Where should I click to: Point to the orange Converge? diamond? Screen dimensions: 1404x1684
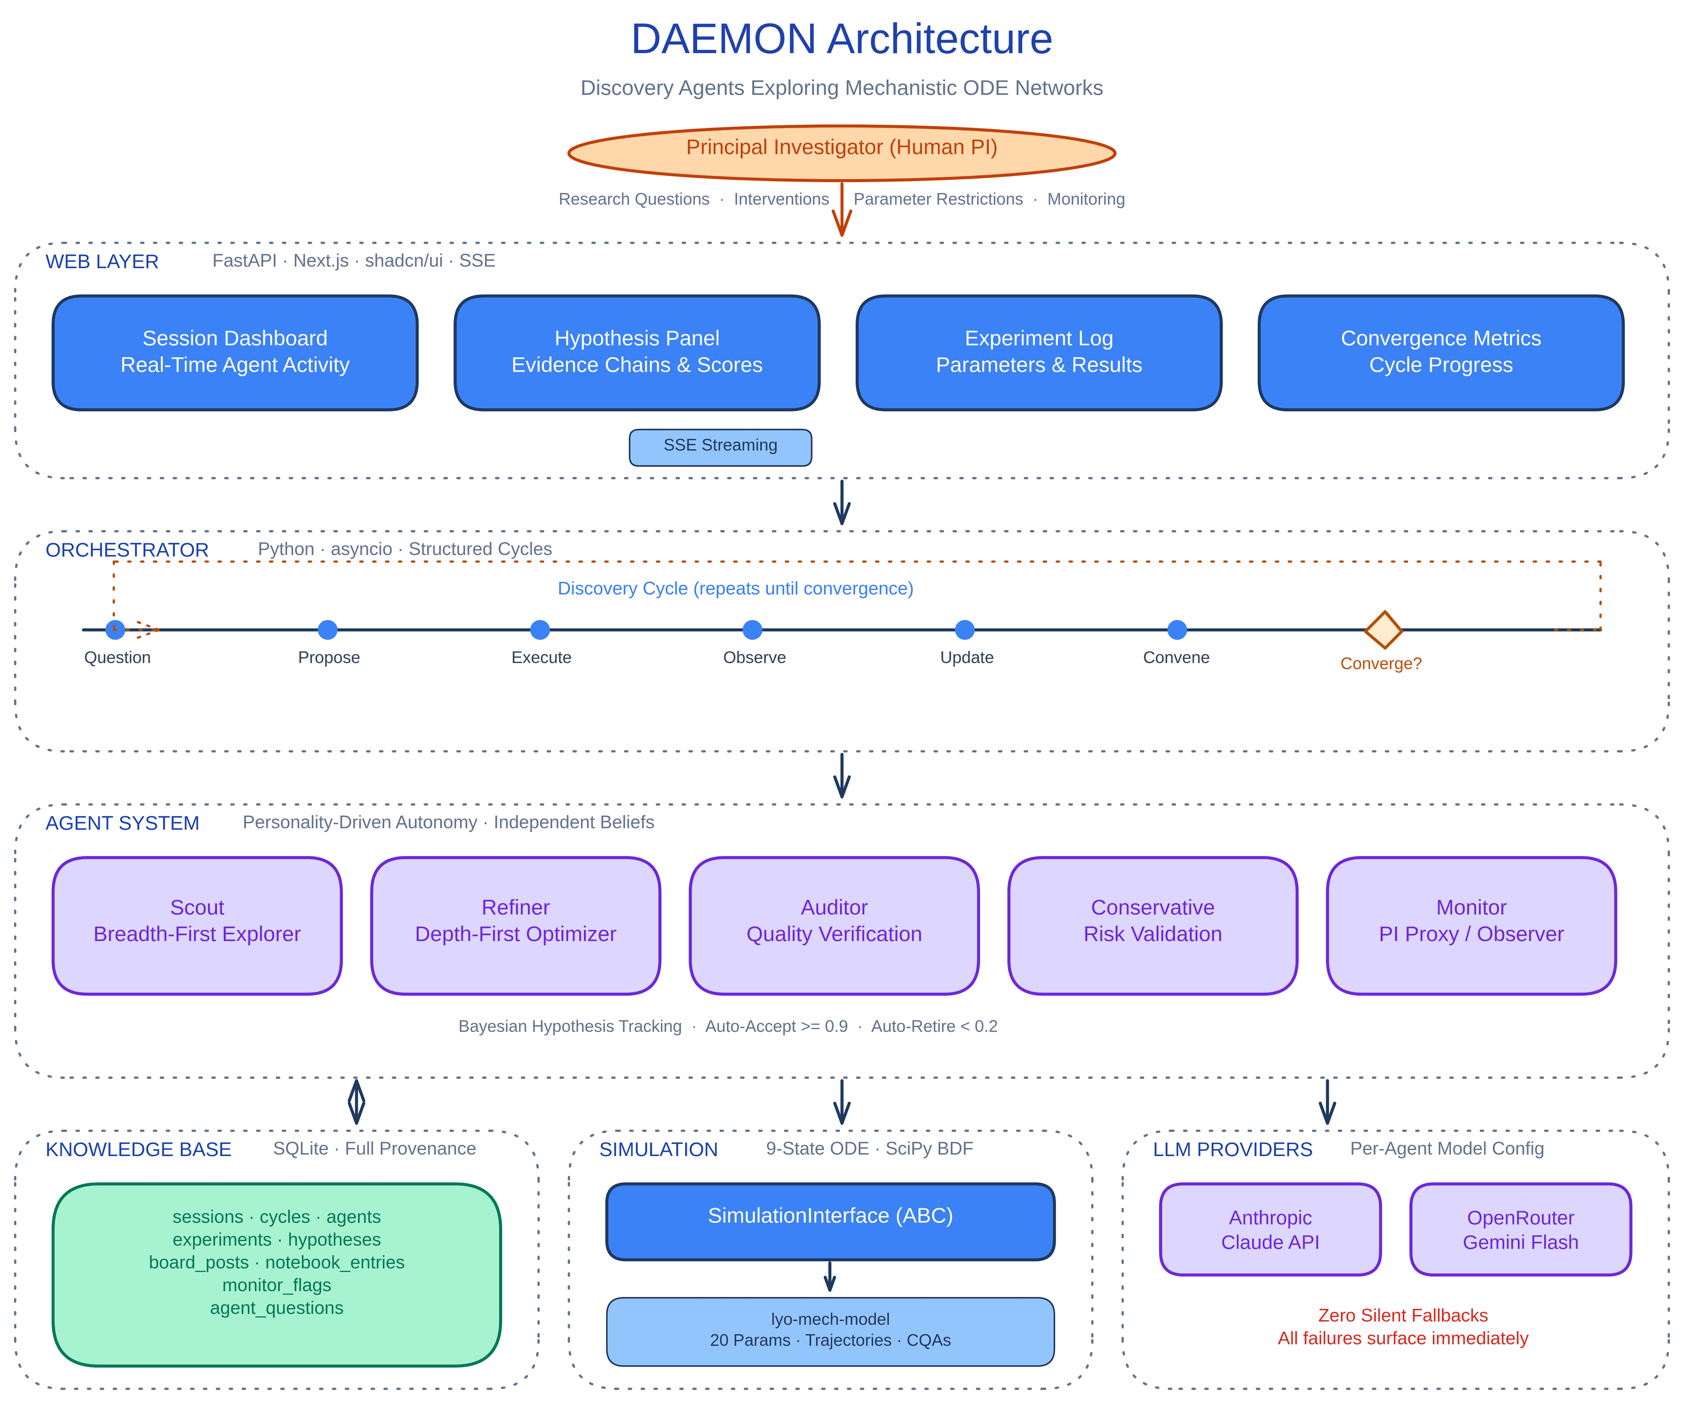point(1383,630)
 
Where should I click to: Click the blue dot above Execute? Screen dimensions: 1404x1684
point(540,630)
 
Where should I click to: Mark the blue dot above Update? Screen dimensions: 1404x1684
point(965,630)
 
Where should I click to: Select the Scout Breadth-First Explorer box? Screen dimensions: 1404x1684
point(197,925)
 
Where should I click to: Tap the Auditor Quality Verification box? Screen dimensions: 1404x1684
point(834,925)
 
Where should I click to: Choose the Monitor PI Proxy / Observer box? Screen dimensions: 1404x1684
point(1471,925)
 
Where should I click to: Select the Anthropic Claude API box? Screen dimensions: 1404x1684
point(1270,1228)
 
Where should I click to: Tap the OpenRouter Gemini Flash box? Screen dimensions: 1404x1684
point(1520,1228)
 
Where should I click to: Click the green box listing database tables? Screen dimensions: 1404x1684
point(277,1274)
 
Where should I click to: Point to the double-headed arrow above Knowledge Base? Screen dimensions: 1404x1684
point(357,1102)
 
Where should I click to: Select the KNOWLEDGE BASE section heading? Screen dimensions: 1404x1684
point(139,1149)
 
